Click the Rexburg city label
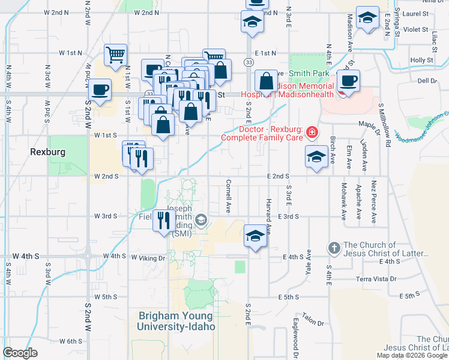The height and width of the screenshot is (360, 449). coord(47,152)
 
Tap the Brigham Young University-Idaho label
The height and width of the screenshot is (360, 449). coord(175,321)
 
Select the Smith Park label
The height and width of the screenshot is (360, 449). coord(309,74)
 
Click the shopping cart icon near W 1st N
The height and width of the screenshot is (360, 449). coord(115,55)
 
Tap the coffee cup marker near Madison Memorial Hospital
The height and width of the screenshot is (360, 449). coord(348,80)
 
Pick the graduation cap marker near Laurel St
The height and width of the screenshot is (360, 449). coord(367,17)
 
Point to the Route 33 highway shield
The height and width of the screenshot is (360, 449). coord(248,62)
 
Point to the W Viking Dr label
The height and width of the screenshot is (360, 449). coord(148,258)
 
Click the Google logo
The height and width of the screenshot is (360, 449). coord(20,353)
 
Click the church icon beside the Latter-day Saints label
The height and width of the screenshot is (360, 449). coord(334,247)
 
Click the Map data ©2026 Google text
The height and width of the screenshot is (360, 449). coord(411,355)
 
